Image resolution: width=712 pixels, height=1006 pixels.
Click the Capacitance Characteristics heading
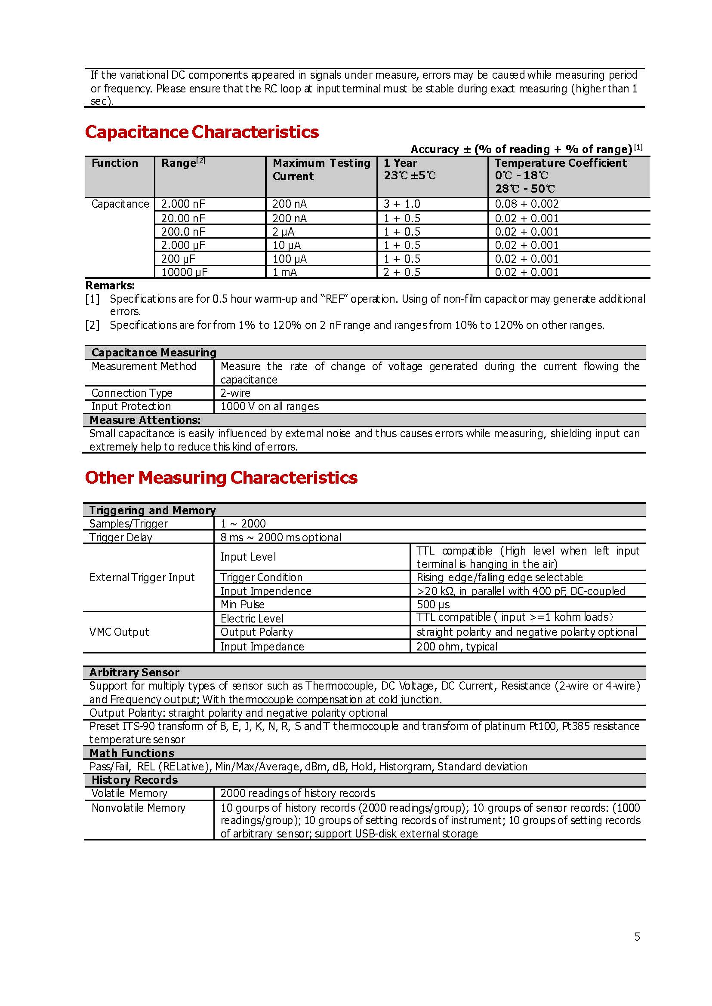202,132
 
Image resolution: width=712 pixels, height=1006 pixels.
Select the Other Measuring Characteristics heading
221,478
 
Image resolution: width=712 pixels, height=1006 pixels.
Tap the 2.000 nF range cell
183,204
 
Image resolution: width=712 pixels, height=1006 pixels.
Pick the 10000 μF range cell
184,272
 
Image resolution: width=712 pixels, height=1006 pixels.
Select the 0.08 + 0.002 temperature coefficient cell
527,204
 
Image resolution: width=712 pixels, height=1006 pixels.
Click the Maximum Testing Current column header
321,169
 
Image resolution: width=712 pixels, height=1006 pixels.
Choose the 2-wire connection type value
235,393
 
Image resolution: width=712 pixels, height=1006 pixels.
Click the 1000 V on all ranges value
269,406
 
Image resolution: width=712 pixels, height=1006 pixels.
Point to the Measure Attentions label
145,420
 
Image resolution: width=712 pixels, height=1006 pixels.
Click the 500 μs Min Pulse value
433,604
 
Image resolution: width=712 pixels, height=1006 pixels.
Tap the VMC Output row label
119,632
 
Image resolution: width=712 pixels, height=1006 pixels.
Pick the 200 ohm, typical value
456,646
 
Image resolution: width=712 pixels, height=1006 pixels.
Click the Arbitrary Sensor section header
134,672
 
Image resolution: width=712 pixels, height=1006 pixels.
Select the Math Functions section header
132,753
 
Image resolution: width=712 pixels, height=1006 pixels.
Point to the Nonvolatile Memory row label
138,807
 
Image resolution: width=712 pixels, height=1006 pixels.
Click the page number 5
637,936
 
